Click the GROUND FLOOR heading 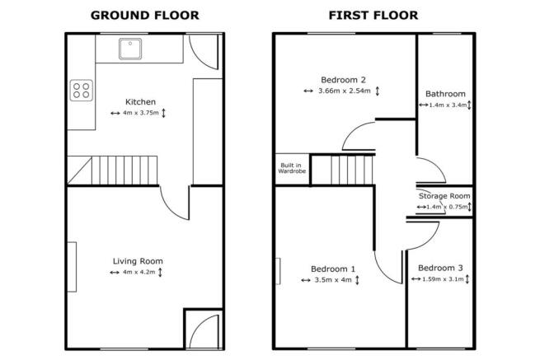coord(144,15)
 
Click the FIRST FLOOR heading coord(373,15)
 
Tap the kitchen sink coord(131,50)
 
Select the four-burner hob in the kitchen coord(82,90)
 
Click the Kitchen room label coord(140,101)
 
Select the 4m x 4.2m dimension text coord(139,273)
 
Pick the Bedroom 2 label coord(343,80)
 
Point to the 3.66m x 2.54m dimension coord(345,91)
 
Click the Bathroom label coord(445,94)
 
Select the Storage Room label coord(444,196)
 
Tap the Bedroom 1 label coord(333,269)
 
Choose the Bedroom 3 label coord(439,268)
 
